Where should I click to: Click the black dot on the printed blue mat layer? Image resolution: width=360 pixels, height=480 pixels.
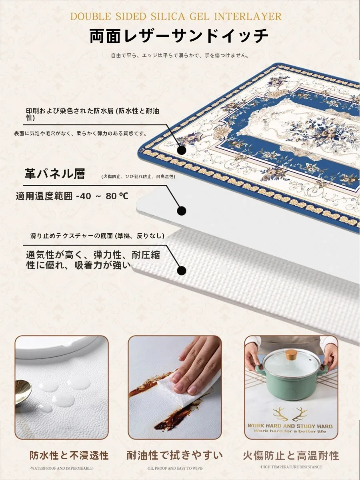point(182,150)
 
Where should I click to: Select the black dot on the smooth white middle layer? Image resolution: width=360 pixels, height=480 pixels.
point(182,211)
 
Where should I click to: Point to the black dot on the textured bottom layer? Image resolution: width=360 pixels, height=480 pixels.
point(182,271)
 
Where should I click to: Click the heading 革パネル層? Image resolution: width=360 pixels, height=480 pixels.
point(55,174)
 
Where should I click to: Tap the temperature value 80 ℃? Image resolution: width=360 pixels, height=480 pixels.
point(117,196)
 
